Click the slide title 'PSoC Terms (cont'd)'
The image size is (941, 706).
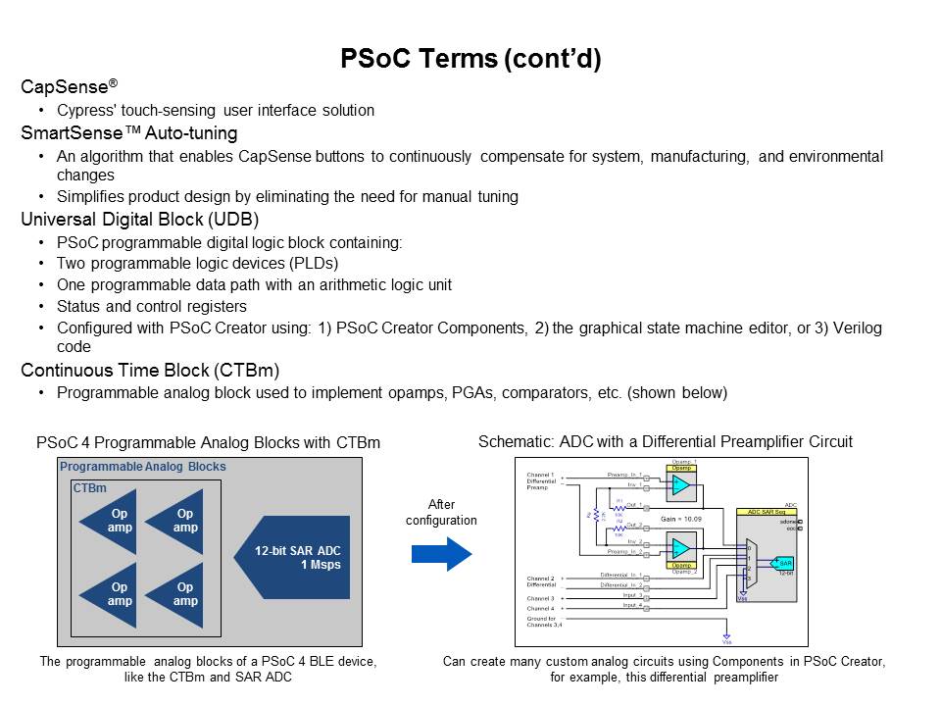[x=470, y=59]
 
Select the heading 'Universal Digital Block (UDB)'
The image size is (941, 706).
[x=139, y=220]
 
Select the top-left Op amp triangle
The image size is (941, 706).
[x=114, y=521]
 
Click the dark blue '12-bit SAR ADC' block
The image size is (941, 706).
[x=294, y=557]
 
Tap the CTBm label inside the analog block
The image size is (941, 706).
[x=90, y=487]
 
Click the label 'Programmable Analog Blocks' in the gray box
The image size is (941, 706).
[x=143, y=467]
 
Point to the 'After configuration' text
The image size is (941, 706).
[x=441, y=513]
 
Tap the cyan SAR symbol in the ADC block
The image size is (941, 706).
[x=784, y=563]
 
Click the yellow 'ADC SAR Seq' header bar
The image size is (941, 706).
[x=768, y=512]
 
